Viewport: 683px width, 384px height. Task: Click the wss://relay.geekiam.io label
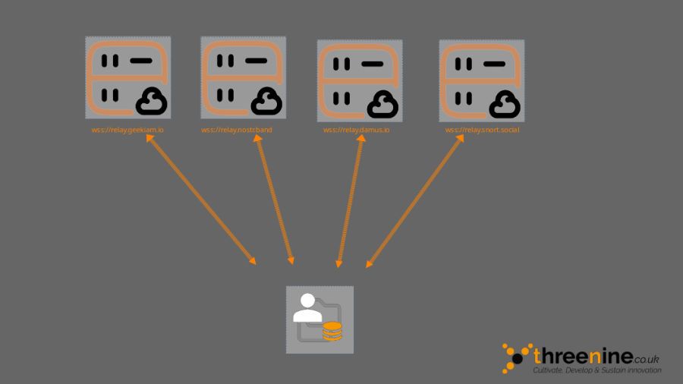[x=127, y=131]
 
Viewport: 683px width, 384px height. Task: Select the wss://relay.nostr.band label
[x=236, y=131]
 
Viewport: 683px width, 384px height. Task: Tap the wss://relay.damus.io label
[x=356, y=131]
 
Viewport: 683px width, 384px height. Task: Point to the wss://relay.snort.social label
[x=482, y=131]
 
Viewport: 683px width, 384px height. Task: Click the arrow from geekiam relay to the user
[x=201, y=200]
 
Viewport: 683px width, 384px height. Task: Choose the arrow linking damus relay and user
[x=350, y=201]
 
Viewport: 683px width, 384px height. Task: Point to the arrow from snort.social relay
[x=415, y=201]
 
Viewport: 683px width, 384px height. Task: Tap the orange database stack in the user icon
[x=332, y=331]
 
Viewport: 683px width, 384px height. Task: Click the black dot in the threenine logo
[x=518, y=357]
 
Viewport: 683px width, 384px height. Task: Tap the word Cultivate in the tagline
[x=548, y=370]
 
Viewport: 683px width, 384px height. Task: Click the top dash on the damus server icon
[x=372, y=65]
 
